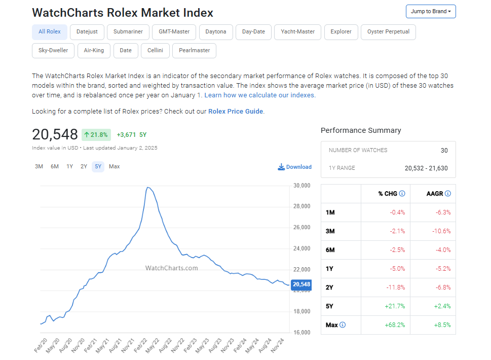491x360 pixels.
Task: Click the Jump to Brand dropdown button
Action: [x=431, y=11]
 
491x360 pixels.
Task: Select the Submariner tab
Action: [x=128, y=31]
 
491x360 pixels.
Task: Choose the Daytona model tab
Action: [x=216, y=31]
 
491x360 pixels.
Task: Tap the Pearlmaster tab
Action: [x=195, y=51]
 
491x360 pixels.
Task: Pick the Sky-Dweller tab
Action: [x=53, y=51]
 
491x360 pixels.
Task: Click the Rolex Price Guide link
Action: [x=236, y=111]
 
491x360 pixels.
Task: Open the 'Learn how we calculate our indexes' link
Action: [x=259, y=95]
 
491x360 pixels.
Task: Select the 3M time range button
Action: [x=39, y=166]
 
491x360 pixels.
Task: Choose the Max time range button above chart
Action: [x=115, y=166]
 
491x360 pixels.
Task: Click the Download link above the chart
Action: [x=295, y=167]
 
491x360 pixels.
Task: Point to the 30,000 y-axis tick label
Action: [x=301, y=186]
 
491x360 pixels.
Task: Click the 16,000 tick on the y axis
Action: [x=301, y=332]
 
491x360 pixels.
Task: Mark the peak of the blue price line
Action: [x=147, y=187]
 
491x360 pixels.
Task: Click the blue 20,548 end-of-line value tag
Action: [x=301, y=284]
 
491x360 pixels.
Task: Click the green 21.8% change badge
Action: [x=96, y=134]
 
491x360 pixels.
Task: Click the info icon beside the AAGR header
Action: [x=447, y=194]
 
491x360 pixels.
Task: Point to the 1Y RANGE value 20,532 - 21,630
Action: [x=426, y=168]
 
